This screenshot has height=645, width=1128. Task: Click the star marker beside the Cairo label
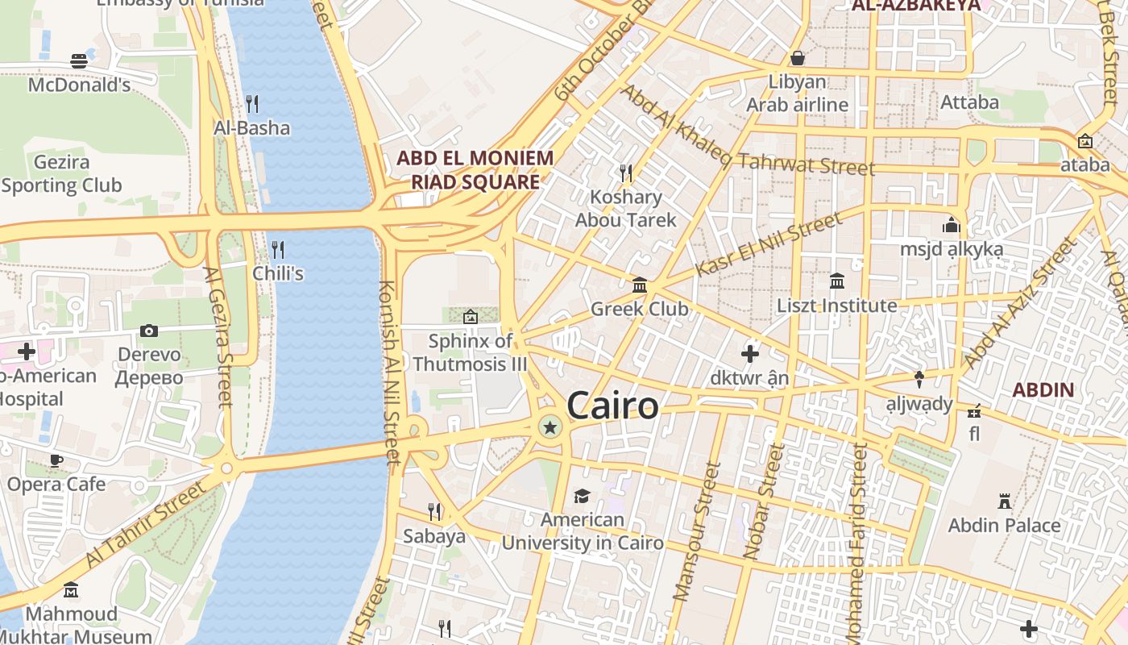(x=550, y=427)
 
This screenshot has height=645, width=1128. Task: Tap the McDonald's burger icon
(x=79, y=60)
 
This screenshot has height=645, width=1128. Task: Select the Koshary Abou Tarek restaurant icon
(x=625, y=173)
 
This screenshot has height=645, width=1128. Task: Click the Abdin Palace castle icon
(x=1004, y=501)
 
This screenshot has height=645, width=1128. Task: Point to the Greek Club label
(x=639, y=309)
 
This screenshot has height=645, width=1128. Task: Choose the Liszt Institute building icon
(x=836, y=281)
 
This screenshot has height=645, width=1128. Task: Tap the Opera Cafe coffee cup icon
(x=56, y=460)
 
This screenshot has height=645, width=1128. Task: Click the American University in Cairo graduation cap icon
(x=582, y=496)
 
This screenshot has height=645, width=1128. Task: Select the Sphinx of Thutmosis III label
(x=470, y=352)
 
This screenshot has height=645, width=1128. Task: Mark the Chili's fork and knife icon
(x=278, y=249)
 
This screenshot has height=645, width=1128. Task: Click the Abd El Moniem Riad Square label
(x=475, y=169)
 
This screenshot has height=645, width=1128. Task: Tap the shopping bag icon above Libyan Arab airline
(x=797, y=58)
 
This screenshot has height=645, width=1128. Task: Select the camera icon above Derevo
(x=149, y=331)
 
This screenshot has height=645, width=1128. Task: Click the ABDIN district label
(x=1043, y=390)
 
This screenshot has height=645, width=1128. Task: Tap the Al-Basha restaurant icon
(x=251, y=103)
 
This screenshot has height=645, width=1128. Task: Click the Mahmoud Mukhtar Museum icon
(x=71, y=590)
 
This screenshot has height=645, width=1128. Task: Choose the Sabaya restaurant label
(x=433, y=536)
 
